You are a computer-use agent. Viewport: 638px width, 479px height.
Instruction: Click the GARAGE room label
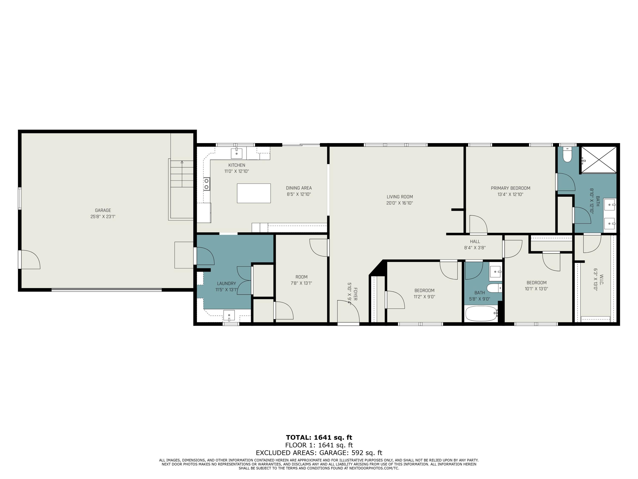103,210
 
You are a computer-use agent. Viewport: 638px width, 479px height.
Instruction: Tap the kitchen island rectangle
253,193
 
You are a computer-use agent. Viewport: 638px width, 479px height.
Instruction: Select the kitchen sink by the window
236,153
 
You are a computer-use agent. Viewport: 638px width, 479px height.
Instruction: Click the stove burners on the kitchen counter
206,184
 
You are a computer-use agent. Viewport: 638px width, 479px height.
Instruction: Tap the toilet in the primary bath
567,155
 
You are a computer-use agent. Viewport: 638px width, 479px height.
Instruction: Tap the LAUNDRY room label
226,284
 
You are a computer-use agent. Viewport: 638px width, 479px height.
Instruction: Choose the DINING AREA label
299,188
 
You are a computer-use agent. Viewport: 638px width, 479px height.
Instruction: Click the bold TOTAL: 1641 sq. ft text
319,437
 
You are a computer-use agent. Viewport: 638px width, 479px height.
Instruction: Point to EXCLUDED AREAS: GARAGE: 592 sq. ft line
319,453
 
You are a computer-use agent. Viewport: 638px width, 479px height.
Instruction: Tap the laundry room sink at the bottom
229,315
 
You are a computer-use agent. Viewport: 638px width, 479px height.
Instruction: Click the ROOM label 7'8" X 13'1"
301,277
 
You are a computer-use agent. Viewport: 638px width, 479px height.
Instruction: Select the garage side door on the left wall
29,260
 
